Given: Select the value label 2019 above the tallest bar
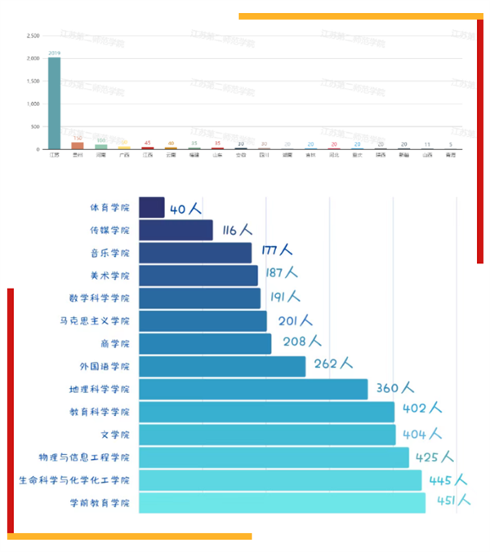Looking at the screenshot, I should coord(54,53).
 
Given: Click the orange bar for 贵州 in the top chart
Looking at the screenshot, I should coord(78,145).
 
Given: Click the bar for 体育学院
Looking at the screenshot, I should coord(152,208).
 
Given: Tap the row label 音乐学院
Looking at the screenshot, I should coord(110,254).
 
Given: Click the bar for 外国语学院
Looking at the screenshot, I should coord(222,366).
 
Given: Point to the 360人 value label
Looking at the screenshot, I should coord(395,388).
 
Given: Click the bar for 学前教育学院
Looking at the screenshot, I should coord(282,502).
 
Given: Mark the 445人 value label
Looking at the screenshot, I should coord(448,479).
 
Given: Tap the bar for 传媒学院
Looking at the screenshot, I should coord(176,231).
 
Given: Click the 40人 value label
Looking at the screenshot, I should coord(185,209).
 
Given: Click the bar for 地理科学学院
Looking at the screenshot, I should coord(253,389).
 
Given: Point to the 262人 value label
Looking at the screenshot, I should coord(333,365).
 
